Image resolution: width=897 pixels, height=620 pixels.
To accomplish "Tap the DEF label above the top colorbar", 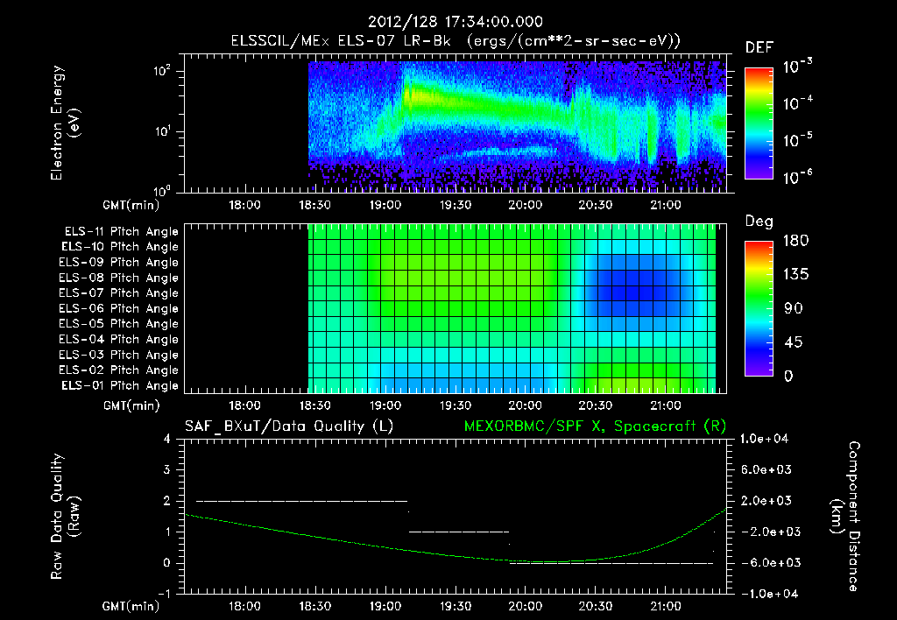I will point(759,47).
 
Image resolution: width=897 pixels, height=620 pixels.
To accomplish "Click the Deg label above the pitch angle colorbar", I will point(759,222).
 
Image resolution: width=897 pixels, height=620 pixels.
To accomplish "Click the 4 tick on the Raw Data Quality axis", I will point(167,439).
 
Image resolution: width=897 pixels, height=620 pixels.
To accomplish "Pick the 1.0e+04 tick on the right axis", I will point(766,439).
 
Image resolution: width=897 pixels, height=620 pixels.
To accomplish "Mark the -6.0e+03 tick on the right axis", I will point(766,563).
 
